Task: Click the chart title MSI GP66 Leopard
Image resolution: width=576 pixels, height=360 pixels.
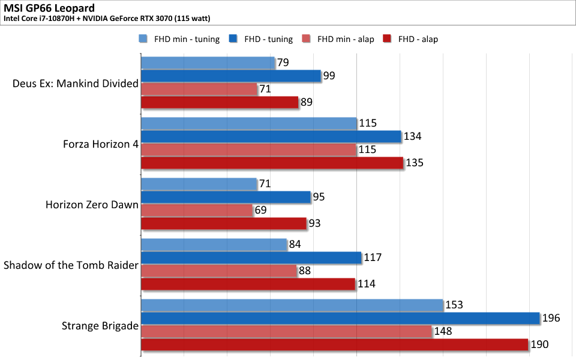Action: [x=49, y=8]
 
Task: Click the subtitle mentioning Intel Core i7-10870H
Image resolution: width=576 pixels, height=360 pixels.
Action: [x=107, y=19]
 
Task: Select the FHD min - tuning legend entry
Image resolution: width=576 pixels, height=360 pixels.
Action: [x=179, y=39]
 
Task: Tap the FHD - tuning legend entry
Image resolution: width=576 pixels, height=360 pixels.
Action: [x=261, y=39]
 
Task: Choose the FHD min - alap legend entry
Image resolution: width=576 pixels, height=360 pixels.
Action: [x=338, y=39]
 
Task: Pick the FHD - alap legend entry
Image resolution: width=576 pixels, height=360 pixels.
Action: [x=410, y=39]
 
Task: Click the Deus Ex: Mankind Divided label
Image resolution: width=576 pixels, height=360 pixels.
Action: [x=76, y=83]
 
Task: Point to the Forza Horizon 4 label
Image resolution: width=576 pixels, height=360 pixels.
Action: [x=101, y=144]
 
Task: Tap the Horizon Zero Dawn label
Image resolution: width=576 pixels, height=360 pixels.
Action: [x=92, y=205]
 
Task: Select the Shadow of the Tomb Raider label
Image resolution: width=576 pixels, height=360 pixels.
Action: [x=71, y=265]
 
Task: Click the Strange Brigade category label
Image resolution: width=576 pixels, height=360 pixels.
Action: [x=100, y=326]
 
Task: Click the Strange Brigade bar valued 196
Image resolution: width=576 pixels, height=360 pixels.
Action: [x=341, y=318]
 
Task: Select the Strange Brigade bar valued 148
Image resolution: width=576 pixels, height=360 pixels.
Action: [x=287, y=331]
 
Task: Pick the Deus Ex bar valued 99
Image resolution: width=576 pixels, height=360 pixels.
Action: [x=231, y=76]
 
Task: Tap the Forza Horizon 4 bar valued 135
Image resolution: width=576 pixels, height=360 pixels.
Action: [x=272, y=163]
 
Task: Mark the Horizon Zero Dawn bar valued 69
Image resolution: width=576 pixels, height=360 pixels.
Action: [x=197, y=210]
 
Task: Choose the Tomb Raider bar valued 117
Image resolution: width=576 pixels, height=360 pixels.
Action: [x=251, y=257]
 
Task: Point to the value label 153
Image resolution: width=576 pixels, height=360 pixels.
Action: [x=454, y=305]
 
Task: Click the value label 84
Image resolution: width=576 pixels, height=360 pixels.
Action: [x=295, y=244]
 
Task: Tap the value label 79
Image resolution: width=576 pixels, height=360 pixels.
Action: [x=283, y=62]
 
